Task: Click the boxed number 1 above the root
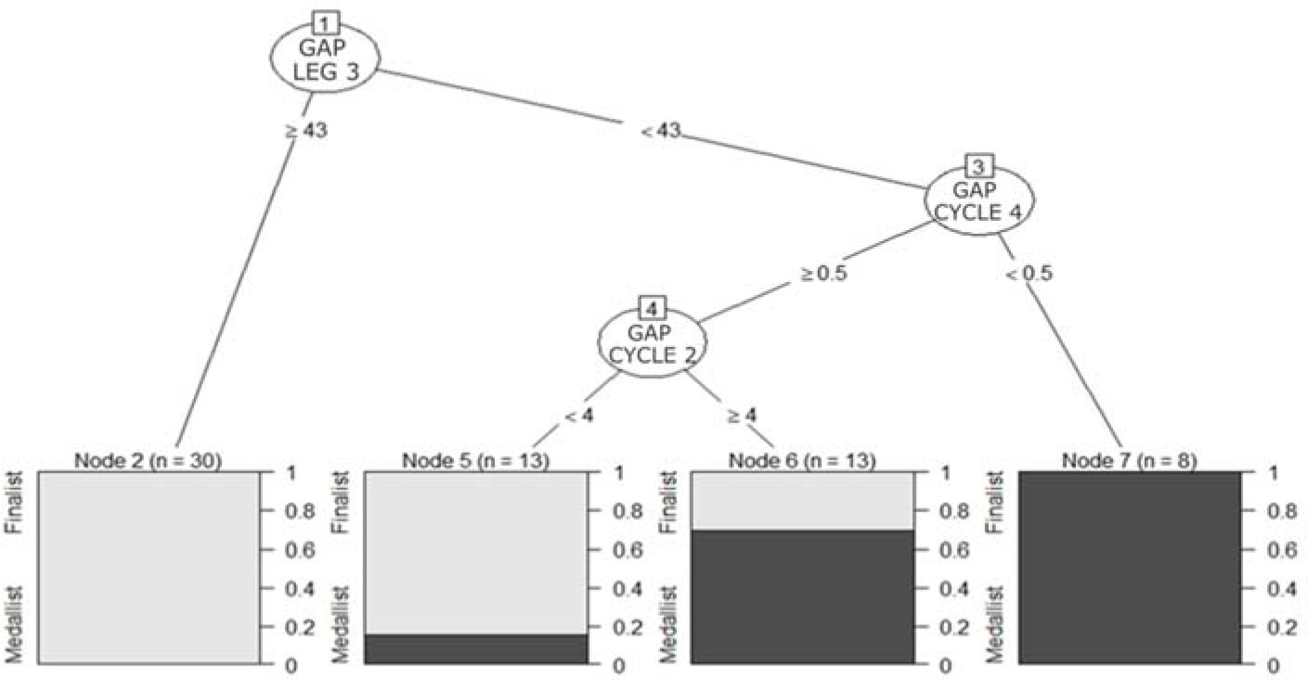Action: click(324, 19)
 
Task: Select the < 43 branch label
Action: click(661, 131)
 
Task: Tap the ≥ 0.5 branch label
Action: click(823, 274)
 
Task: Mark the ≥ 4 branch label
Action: click(742, 417)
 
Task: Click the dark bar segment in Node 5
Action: click(475, 649)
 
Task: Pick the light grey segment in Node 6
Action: click(802, 500)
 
